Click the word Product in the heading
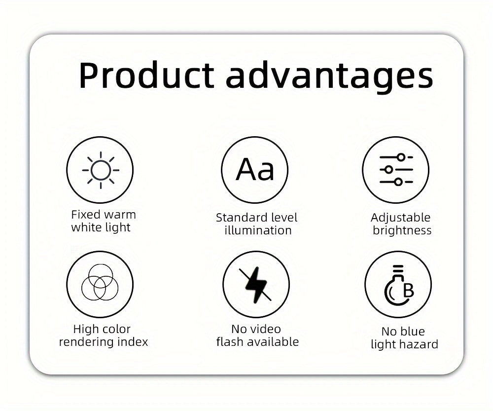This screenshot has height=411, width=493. point(146,75)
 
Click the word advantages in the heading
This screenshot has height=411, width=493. point(330,77)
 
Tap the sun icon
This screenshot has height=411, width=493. point(101,170)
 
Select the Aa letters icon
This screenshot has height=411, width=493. point(255,169)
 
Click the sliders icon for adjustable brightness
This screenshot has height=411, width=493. point(396,170)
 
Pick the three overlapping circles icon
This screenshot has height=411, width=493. point(100,282)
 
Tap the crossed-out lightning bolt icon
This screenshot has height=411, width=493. point(255,285)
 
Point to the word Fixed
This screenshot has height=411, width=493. point(83,215)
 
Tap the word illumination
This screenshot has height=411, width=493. point(258,230)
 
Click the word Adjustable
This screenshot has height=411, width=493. point(400,218)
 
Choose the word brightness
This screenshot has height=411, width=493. point(402,230)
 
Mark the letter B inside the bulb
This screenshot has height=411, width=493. point(408,291)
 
